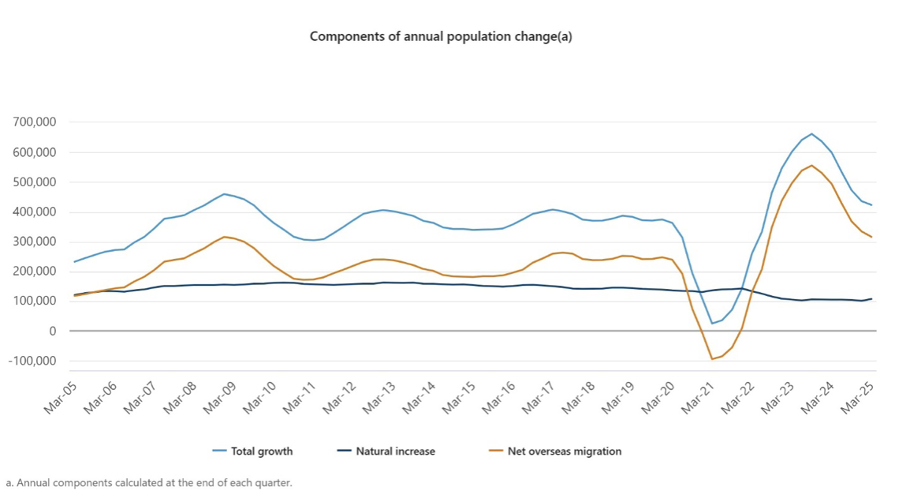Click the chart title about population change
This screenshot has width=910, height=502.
coord(441,36)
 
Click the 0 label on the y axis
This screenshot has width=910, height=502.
coord(52,332)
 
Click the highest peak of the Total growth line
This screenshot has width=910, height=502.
coord(811,133)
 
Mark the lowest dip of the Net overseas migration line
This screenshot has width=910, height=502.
coord(712,359)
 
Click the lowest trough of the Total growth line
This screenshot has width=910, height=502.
coord(712,324)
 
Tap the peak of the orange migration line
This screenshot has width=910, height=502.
coord(811,165)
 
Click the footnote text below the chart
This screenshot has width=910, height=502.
coord(149,482)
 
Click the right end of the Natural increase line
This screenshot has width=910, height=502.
coord(871,299)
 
